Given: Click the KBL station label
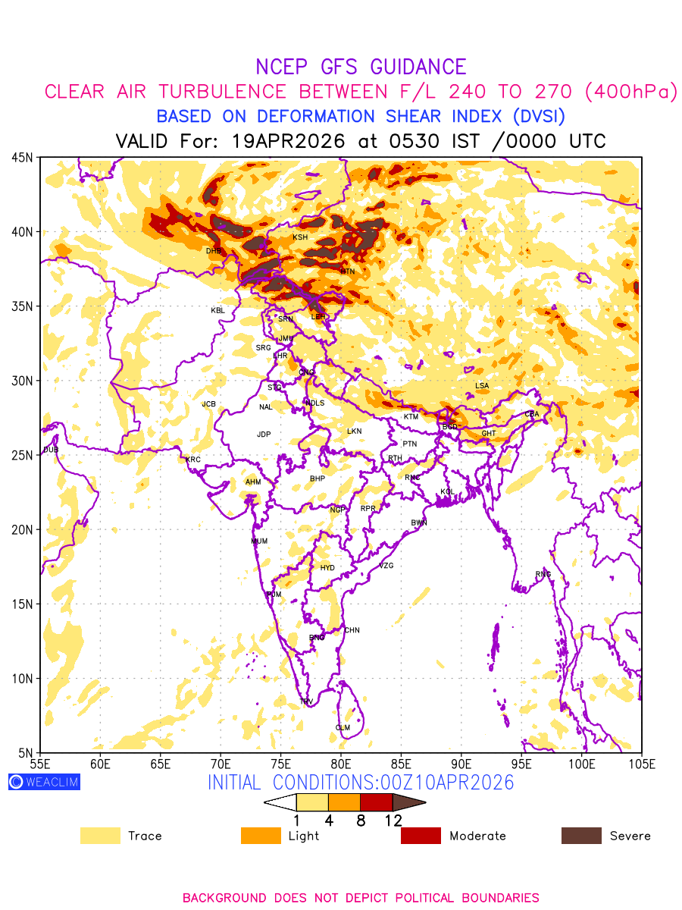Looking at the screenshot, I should (x=217, y=310).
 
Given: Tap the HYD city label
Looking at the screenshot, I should (x=327, y=568).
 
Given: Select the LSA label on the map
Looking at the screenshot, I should (x=482, y=386).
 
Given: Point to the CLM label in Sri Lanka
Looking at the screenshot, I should (x=343, y=728).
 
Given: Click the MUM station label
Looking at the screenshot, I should (x=259, y=541).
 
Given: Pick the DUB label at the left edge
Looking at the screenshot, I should (x=51, y=450).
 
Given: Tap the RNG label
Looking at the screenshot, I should (x=543, y=574).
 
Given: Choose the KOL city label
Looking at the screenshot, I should (x=447, y=492).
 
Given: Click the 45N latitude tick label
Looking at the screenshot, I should (x=22, y=158).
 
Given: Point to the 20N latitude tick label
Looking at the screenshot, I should (x=22, y=529).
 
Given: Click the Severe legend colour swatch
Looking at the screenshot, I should (x=581, y=836).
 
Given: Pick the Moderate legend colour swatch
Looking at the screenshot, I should (x=421, y=836).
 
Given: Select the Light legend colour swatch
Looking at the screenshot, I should (x=261, y=836).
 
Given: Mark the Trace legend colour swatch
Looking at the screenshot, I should (x=100, y=836).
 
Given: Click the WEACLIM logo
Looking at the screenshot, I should (x=44, y=782).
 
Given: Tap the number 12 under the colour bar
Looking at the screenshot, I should (x=393, y=820).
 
